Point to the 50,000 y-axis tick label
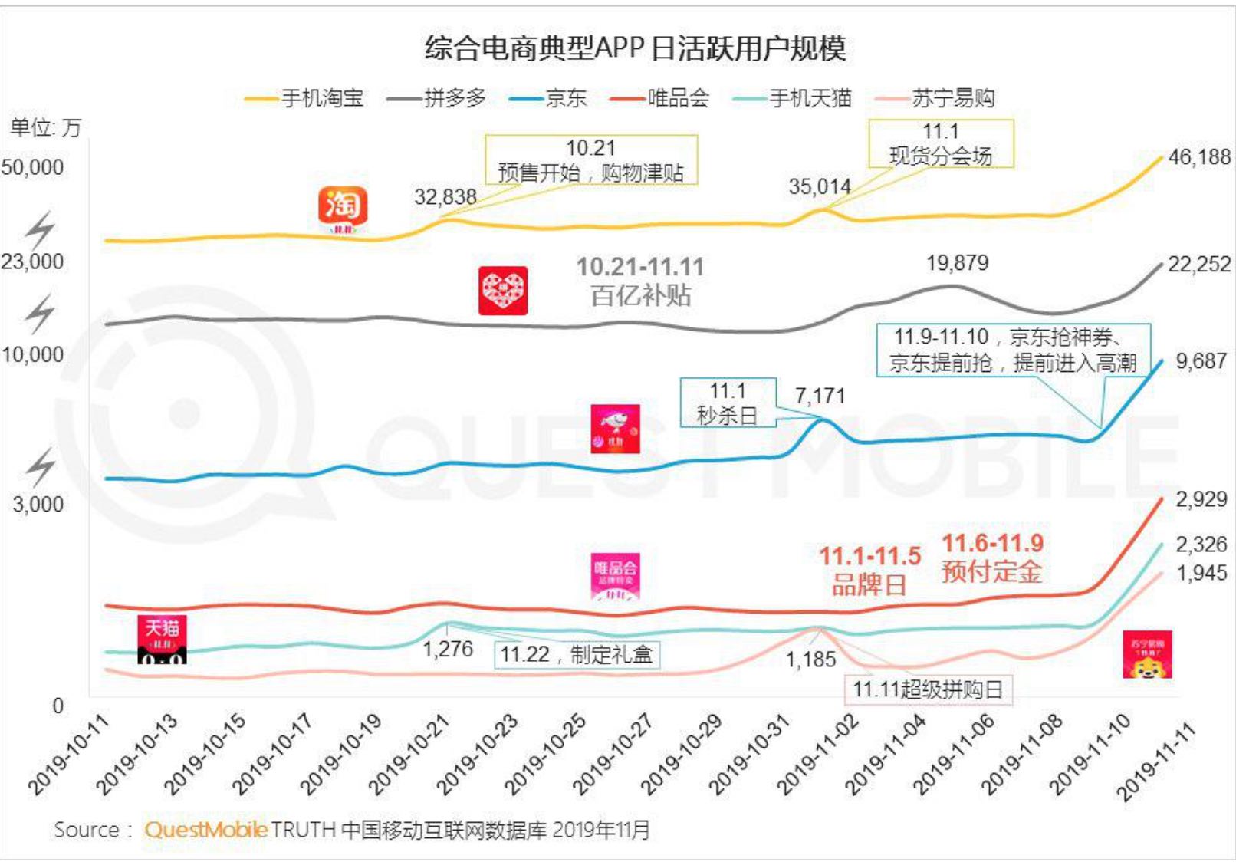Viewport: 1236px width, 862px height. [x=33, y=167]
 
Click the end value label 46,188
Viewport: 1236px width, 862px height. [x=1199, y=157]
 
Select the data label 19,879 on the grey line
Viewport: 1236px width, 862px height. [x=957, y=263]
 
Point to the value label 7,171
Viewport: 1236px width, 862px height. [x=820, y=396]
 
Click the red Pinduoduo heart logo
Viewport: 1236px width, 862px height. [x=503, y=291]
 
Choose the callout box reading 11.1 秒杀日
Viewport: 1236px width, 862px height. [x=728, y=403]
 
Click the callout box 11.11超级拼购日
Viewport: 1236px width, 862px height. [x=928, y=689]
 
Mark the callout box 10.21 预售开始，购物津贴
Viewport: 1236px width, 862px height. [x=590, y=160]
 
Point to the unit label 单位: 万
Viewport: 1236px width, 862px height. [x=45, y=127]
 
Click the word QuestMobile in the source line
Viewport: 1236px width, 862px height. [x=205, y=829]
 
